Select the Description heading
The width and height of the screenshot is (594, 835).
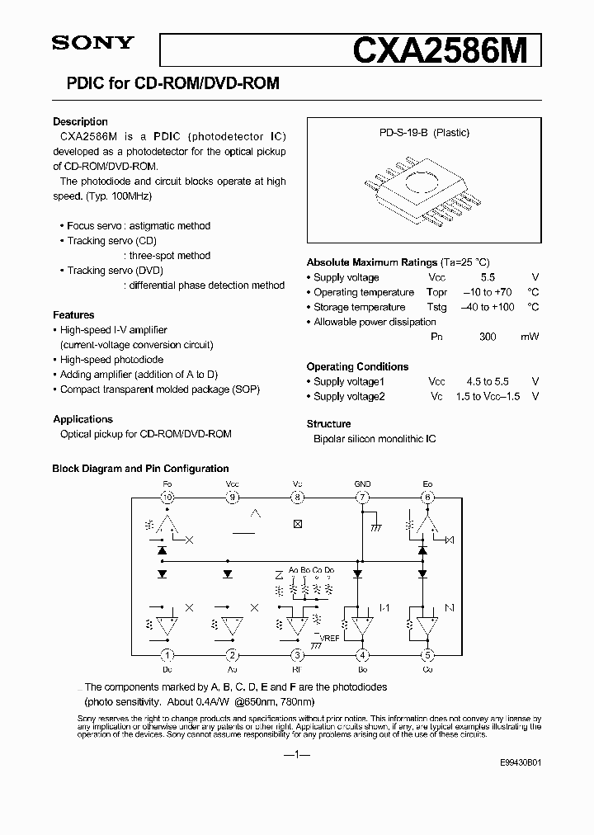(80, 121)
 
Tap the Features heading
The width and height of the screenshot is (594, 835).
(73, 314)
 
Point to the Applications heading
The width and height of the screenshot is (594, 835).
(82, 419)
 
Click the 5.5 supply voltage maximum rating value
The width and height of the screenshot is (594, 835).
(488, 278)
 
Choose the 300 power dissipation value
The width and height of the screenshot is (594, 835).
(488, 337)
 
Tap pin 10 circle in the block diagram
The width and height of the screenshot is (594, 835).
(167, 497)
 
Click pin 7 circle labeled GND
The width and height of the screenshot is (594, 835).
(362, 497)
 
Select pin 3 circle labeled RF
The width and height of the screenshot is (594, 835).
(297, 656)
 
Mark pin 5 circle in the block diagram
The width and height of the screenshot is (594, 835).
(427, 656)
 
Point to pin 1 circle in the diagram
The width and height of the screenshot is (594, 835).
(167, 656)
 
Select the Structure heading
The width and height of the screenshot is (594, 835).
(328, 423)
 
